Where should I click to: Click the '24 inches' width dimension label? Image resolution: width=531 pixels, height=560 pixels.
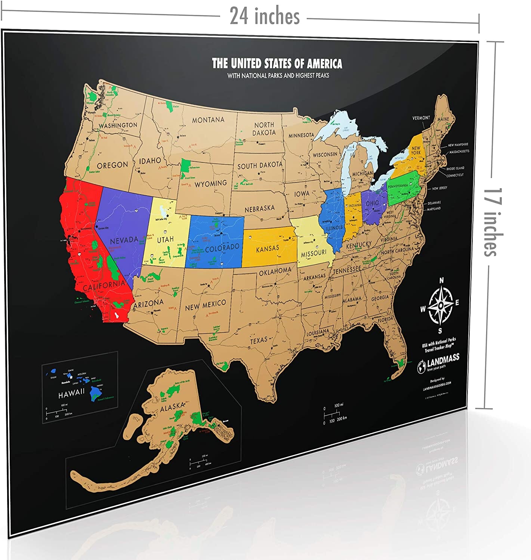point(265,16)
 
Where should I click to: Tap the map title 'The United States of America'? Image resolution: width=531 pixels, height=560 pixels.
point(277,63)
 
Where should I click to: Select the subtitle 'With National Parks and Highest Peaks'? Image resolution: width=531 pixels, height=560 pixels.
point(278,75)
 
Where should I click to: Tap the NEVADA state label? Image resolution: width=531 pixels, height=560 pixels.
point(124,240)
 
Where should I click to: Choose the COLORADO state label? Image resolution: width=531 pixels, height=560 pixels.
point(222,248)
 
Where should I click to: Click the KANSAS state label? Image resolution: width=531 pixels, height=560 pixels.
point(268,248)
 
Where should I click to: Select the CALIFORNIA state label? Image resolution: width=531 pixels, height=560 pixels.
point(104,286)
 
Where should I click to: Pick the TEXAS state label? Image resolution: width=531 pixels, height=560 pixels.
point(259,340)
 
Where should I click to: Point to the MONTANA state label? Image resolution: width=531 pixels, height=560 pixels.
point(208,120)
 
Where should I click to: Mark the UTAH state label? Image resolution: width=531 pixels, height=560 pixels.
point(165,239)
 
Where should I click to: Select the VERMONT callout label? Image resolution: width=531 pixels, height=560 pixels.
point(421,118)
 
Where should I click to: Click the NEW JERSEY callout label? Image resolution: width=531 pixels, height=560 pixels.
point(439,188)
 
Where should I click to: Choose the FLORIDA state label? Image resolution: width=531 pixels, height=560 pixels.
point(385,320)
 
